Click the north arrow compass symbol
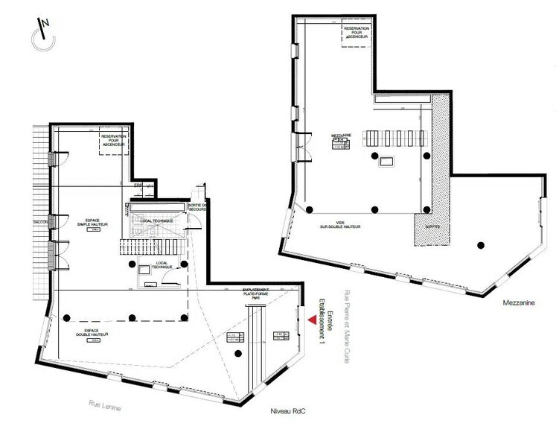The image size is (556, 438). (43, 36)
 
